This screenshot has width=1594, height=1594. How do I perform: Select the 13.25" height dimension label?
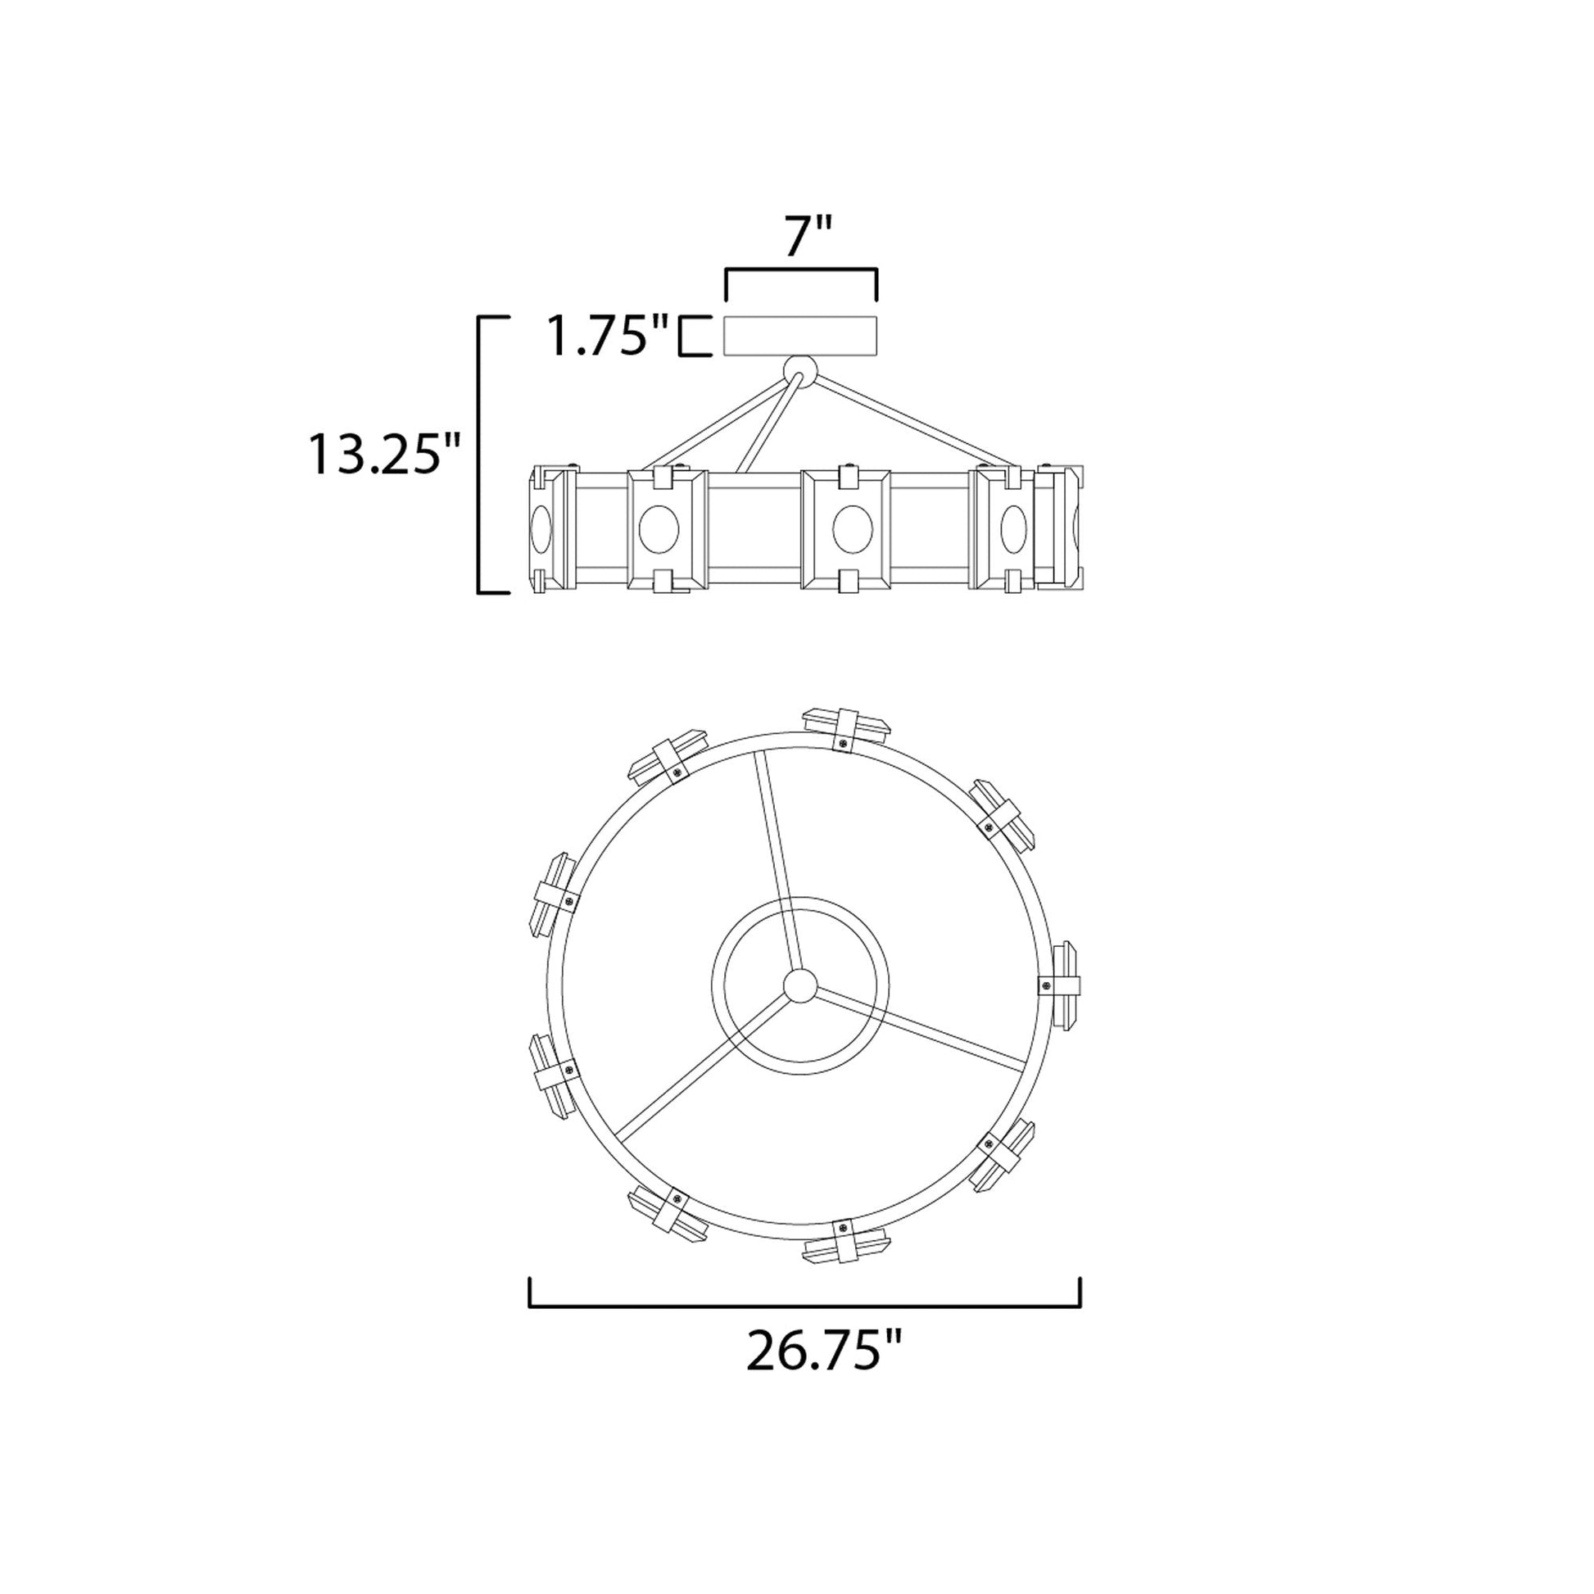click(x=383, y=454)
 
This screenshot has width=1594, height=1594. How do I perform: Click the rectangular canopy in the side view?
click(x=800, y=336)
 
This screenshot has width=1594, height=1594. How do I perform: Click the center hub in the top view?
click(x=799, y=986)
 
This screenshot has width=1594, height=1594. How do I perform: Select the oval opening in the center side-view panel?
click(x=852, y=529)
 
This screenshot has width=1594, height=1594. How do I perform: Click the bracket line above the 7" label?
click(x=800, y=269)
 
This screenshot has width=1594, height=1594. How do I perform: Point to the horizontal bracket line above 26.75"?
click(x=804, y=1306)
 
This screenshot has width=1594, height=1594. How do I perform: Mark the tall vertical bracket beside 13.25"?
click(x=479, y=454)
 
